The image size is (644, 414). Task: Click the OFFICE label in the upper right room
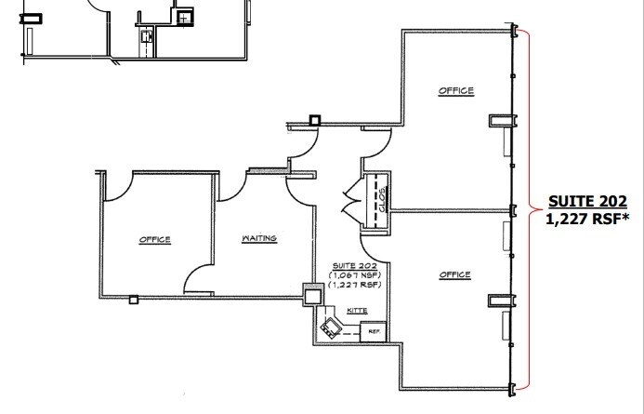click(456, 91)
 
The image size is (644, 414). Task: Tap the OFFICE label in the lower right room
click(455, 274)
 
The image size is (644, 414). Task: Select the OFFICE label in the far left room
click(154, 239)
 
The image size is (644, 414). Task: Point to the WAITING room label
click(259, 239)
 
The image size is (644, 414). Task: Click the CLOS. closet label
click(381, 198)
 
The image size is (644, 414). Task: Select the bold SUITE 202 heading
click(587, 201)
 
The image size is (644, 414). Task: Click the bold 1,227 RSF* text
click(587, 220)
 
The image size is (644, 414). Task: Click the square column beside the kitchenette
click(312, 296)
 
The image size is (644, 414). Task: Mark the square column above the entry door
click(315, 119)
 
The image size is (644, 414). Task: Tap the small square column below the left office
click(134, 300)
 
